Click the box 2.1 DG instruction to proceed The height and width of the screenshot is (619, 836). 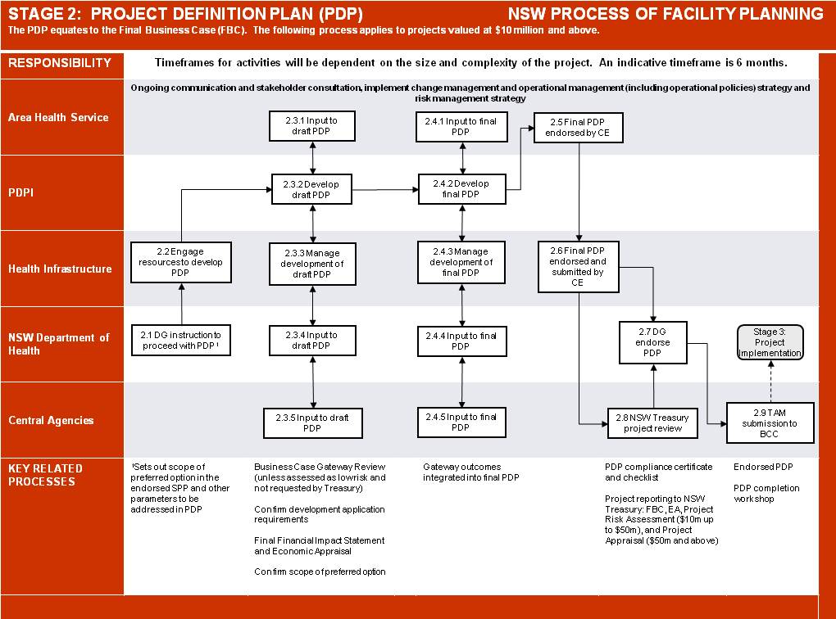[181, 341]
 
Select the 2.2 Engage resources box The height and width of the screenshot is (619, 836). [181, 262]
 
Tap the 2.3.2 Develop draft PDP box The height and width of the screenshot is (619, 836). [312, 189]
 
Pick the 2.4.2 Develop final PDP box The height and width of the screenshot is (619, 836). [461, 188]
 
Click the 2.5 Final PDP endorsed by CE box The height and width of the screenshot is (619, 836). [579, 128]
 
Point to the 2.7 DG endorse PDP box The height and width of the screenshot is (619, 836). [653, 342]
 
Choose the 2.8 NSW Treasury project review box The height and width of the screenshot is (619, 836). [652, 423]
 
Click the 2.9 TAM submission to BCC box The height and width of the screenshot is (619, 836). [770, 423]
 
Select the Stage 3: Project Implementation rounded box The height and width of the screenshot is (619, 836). [770, 342]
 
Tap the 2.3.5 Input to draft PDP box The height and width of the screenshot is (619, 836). [313, 423]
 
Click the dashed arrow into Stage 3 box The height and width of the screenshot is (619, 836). [771, 382]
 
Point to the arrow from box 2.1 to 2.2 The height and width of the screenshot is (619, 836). [182, 304]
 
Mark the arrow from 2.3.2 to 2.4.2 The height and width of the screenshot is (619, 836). [385, 190]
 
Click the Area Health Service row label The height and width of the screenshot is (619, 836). [58, 117]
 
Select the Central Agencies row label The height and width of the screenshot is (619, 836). [51, 420]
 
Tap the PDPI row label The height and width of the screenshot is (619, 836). [20, 192]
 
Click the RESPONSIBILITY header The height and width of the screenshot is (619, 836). [60, 63]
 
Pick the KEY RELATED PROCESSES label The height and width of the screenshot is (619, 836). [45, 475]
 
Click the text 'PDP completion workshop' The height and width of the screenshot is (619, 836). [766, 493]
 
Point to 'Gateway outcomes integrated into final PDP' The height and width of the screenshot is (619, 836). [470, 472]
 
